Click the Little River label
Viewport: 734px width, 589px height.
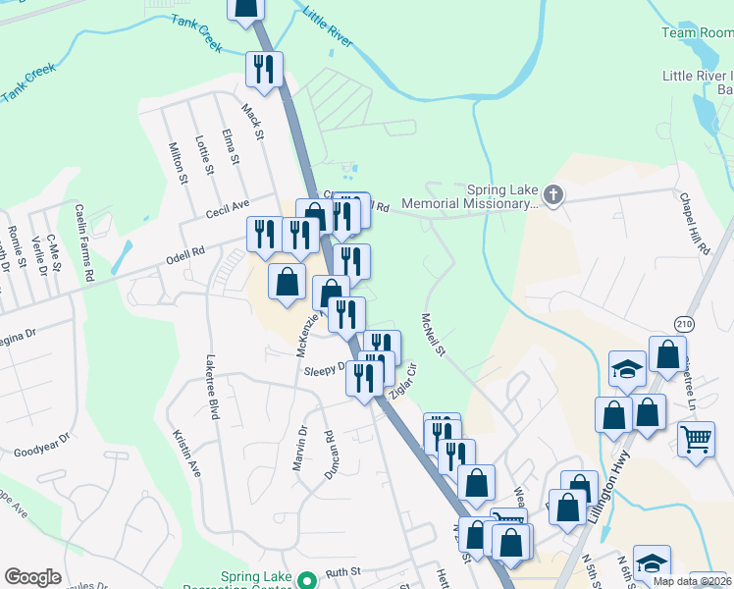328,28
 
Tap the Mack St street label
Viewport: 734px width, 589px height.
253,123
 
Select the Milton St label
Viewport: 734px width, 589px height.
178,163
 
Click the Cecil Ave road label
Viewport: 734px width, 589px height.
228,205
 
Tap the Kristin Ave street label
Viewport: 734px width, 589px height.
186,453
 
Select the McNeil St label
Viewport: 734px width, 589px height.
433,335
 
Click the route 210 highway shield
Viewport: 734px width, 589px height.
684,323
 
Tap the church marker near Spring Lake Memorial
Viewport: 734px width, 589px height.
553,194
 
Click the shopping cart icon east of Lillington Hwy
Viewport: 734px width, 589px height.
696,439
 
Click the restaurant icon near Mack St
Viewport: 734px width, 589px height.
264,69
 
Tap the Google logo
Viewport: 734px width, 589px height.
32,577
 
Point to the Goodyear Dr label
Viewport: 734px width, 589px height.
42,447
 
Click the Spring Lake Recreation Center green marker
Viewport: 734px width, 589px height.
306,579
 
